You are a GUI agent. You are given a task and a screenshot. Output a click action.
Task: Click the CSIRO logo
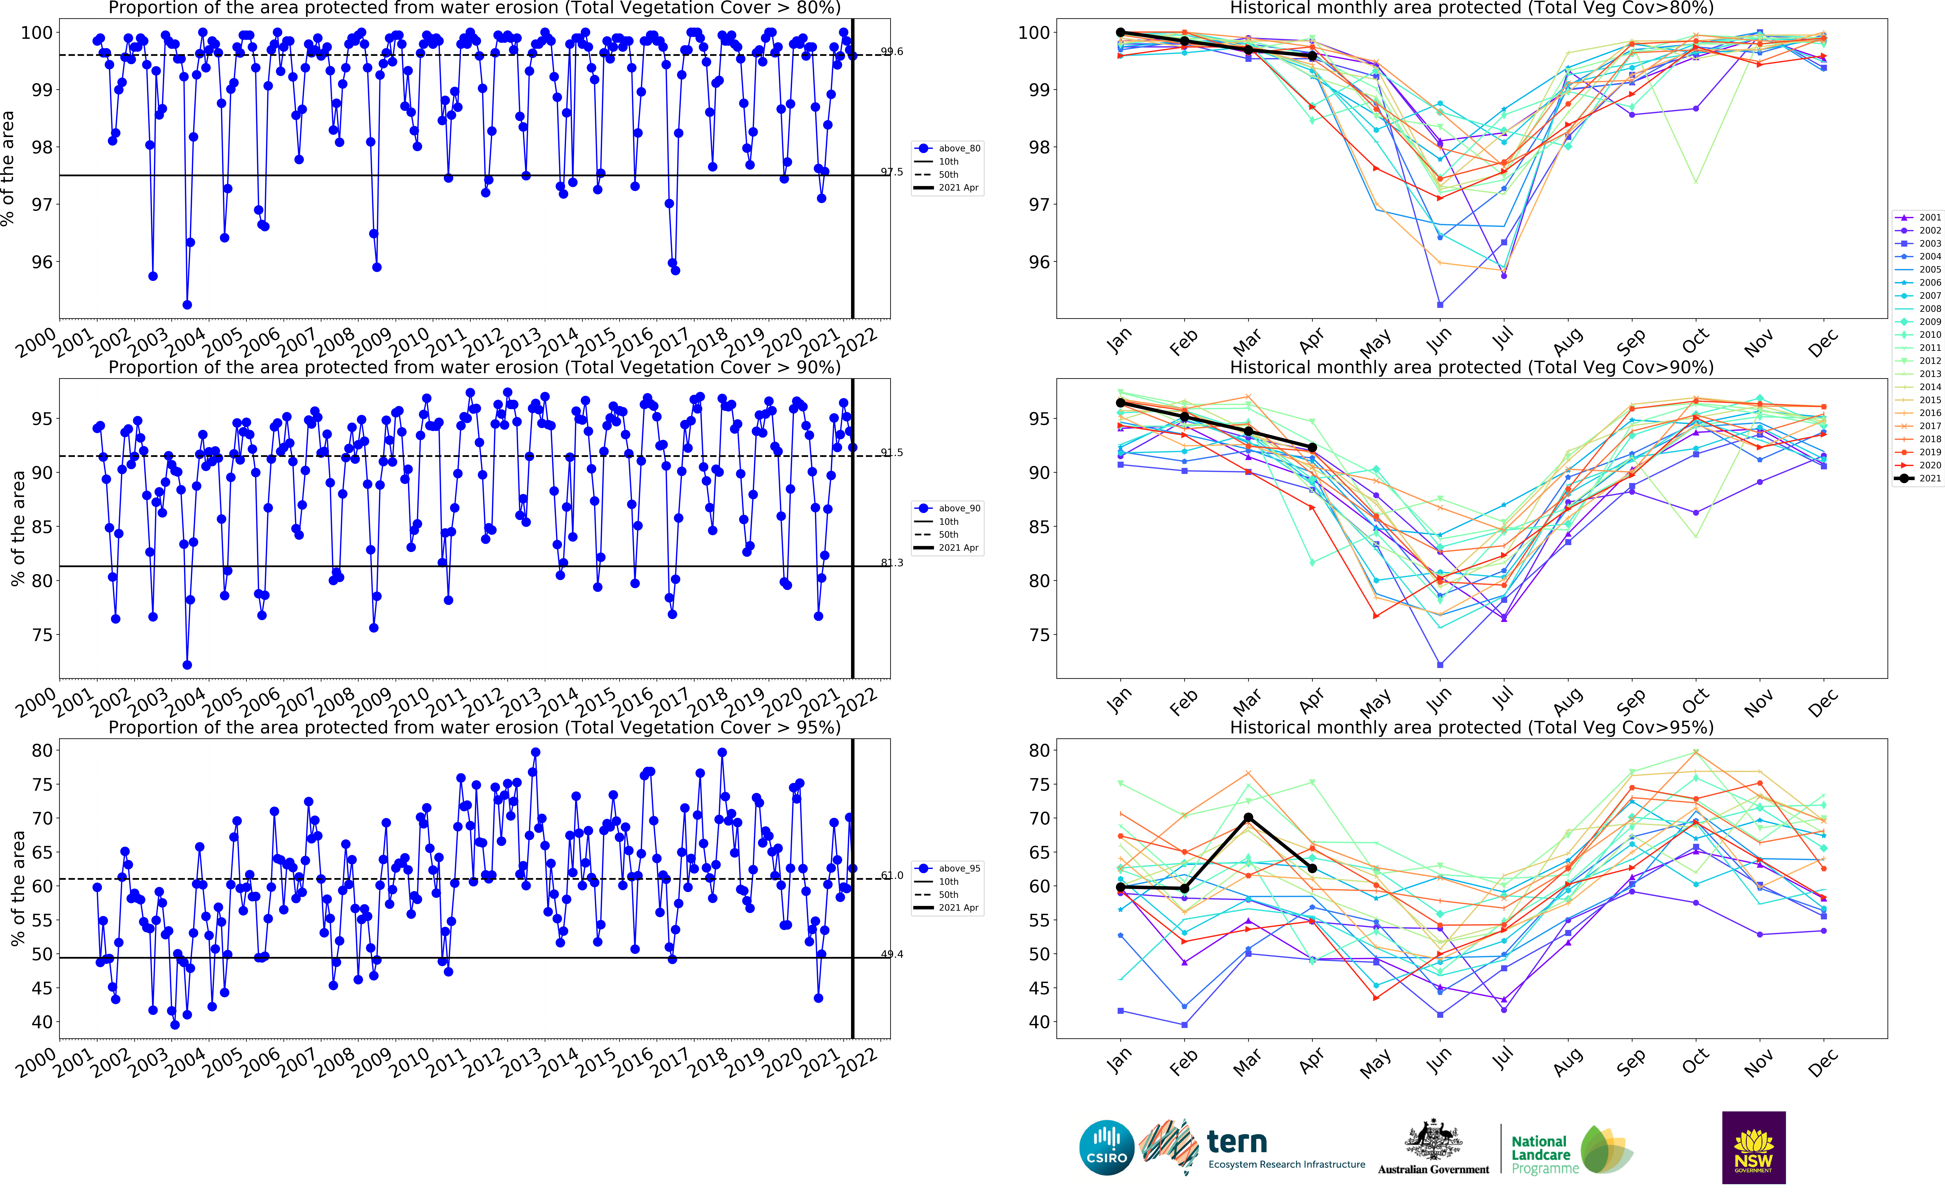point(1106,1148)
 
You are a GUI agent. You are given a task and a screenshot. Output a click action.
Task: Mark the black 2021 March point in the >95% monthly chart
point(1248,818)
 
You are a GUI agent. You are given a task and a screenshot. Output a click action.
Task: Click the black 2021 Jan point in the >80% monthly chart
point(1121,33)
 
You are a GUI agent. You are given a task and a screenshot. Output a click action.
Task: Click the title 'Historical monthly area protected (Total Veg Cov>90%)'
point(1471,367)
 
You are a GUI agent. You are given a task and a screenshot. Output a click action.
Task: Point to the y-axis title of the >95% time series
point(17,888)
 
